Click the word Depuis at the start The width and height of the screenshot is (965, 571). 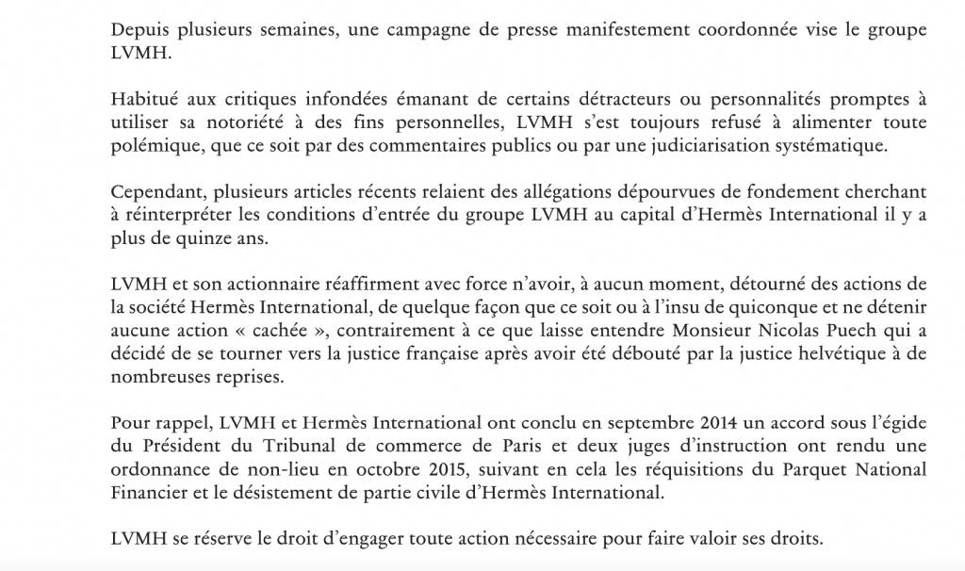pos(138,30)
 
